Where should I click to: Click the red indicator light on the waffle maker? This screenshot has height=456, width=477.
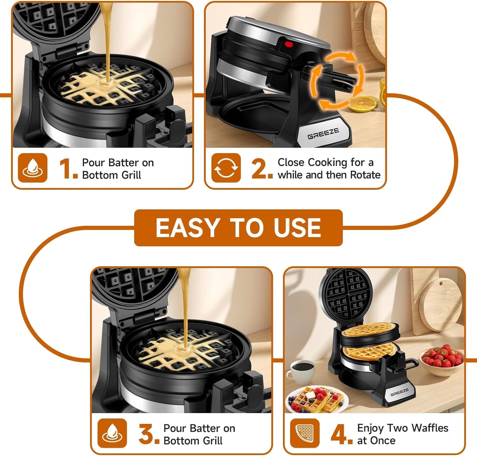click(x=288, y=44)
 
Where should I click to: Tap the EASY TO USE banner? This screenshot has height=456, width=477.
click(x=238, y=228)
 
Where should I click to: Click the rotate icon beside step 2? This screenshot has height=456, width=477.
click(x=226, y=168)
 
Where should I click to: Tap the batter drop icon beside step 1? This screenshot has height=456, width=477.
click(x=32, y=168)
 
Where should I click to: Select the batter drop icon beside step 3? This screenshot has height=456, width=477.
click(x=112, y=433)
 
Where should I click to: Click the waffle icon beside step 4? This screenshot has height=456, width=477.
click(x=305, y=433)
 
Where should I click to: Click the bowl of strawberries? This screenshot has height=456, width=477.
click(x=441, y=362)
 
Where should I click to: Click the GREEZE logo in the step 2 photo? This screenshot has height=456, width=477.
click(x=323, y=133)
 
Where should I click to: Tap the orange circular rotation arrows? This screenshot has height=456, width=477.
click(x=337, y=81)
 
